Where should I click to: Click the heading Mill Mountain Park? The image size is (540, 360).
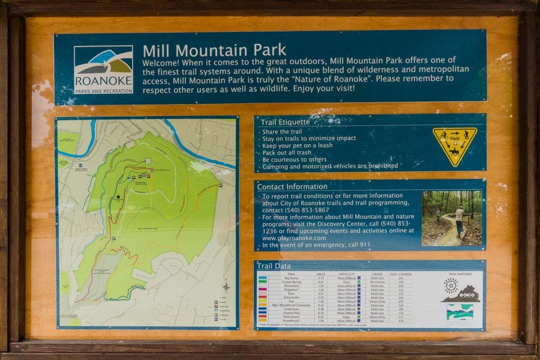214,51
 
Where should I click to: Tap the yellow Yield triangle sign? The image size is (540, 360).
455,145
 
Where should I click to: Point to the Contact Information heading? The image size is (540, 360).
292,187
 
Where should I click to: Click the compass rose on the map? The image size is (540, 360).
226,287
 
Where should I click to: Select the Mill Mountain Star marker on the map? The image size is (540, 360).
152,170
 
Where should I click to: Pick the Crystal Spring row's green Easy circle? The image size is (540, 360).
358,282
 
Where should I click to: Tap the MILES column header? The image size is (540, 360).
321,273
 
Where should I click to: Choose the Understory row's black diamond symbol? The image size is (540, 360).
359,308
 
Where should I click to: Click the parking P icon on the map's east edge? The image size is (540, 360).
220,186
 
